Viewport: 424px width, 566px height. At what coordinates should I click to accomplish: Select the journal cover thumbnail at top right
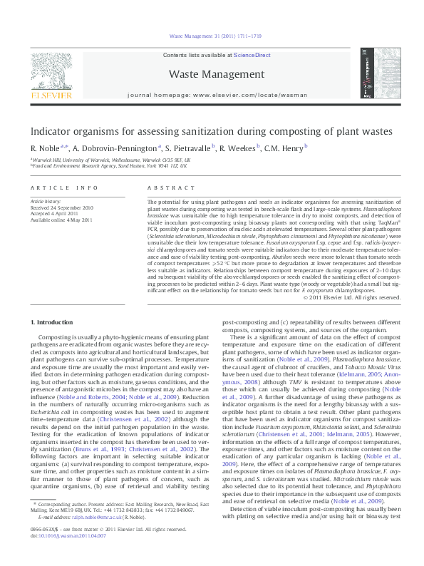(x=378, y=73)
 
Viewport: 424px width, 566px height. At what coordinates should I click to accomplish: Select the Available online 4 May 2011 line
(x=61, y=220)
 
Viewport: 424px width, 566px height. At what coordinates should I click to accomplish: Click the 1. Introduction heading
(x=53, y=322)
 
